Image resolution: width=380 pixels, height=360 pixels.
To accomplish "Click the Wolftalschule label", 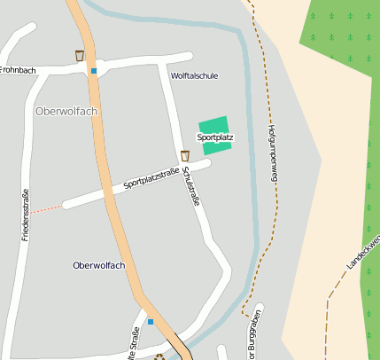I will pos(194,76).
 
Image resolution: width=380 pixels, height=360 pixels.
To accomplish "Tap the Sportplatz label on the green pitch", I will pos(214,137).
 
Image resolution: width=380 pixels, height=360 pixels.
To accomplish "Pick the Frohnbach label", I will pos(17,68).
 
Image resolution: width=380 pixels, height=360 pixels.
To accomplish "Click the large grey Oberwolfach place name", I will pos(67,111).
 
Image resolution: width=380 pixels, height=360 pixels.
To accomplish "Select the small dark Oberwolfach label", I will pos(99,265).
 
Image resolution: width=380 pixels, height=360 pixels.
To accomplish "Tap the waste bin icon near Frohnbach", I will pos(80,56).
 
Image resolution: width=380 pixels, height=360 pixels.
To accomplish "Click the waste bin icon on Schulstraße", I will pos(185,156).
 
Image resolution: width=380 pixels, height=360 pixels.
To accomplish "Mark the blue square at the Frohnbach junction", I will pos(93,71).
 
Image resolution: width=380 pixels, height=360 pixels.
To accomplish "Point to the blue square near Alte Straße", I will pos(151,321).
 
